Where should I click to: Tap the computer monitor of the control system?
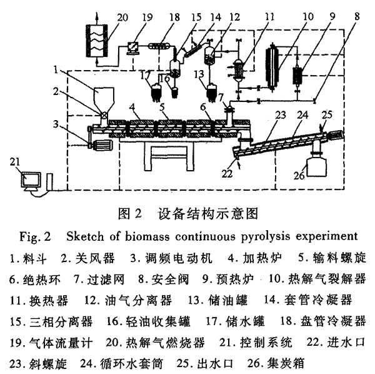[x=31, y=180]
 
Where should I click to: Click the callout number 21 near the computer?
[x=15, y=162]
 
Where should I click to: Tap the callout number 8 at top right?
[x=357, y=16]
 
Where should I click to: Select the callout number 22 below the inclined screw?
[x=227, y=174]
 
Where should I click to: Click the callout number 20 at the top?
[x=122, y=18]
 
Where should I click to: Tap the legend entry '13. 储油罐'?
[x=218, y=300]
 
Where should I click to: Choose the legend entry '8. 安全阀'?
[x=164, y=279]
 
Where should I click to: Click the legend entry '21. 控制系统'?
[x=256, y=342]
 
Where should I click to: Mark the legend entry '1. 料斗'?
[x=28, y=258]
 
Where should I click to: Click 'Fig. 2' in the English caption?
[x=35, y=237]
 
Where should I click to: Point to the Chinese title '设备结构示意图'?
[x=208, y=213]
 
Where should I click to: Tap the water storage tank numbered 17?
[x=157, y=93]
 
